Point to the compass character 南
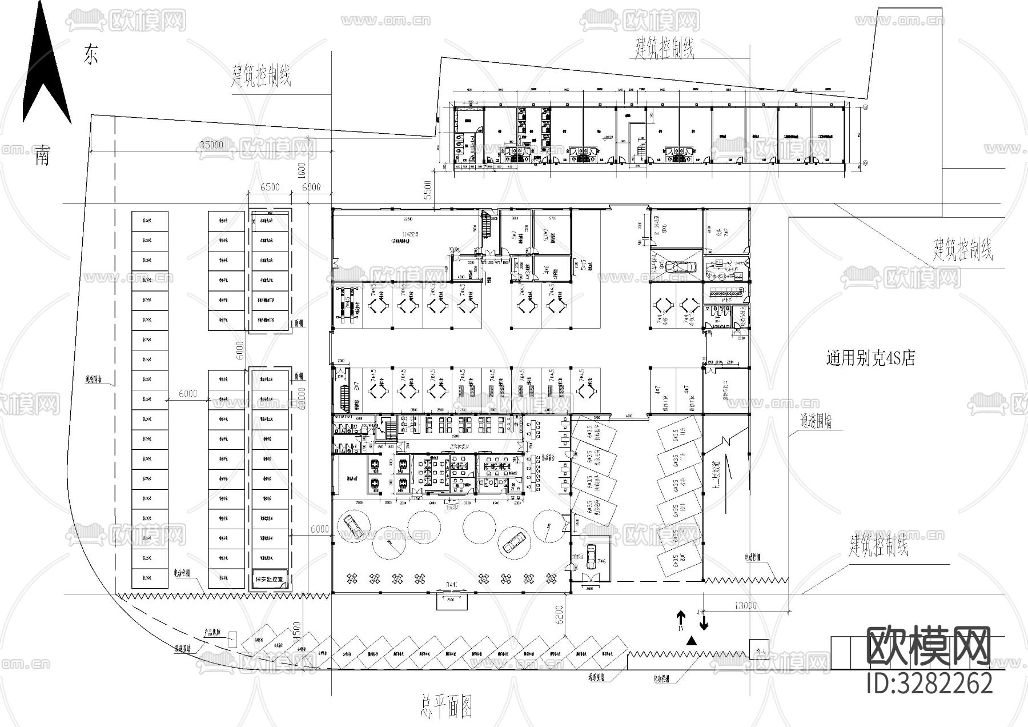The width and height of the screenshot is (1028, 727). point(42,155)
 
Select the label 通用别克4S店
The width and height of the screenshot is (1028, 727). point(870,358)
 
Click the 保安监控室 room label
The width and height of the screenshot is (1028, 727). point(271,579)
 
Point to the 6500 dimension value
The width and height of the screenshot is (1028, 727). point(270,187)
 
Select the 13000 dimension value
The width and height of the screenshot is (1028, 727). point(746,606)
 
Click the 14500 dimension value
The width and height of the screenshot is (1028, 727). point(295,641)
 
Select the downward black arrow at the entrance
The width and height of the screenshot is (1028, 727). point(704,621)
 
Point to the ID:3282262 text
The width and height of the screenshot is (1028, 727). point(929,683)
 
